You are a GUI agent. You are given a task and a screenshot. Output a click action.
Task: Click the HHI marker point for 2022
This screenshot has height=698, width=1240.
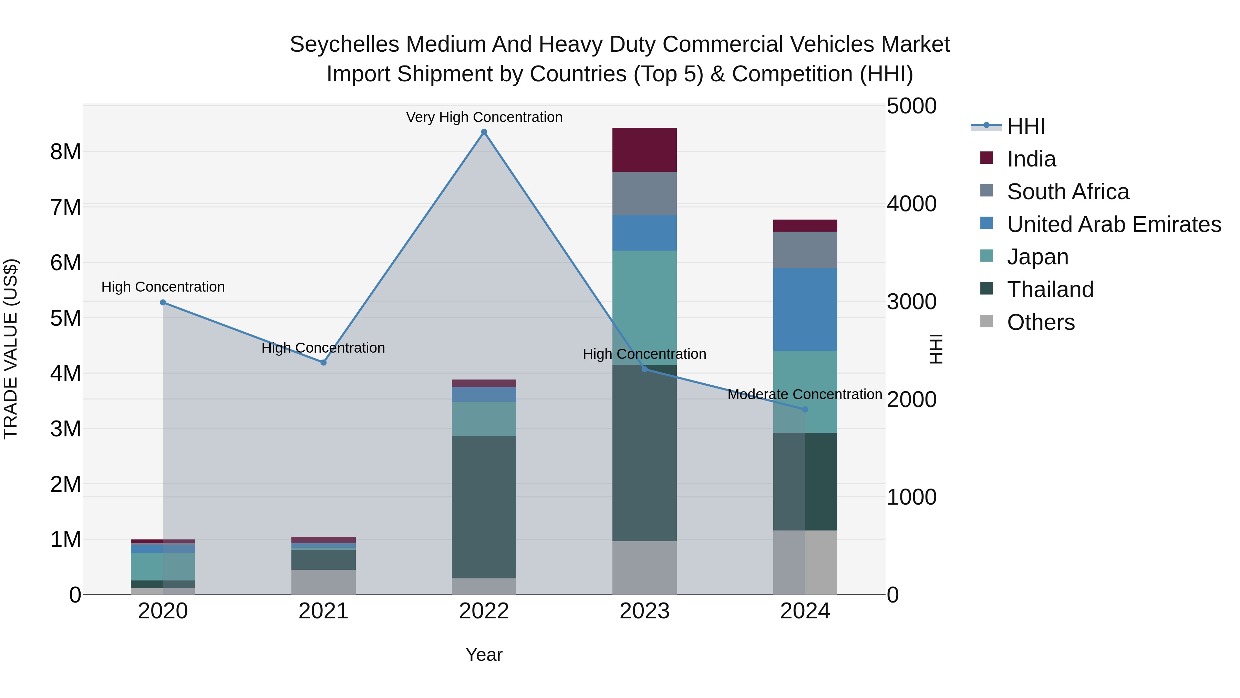click(484, 132)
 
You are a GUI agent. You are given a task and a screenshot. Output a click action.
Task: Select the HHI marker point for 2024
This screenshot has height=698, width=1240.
click(805, 409)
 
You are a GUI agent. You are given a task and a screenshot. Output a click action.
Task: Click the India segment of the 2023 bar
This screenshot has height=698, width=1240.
click(644, 150)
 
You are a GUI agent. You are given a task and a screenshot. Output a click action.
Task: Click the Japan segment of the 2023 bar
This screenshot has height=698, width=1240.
click(644, 307)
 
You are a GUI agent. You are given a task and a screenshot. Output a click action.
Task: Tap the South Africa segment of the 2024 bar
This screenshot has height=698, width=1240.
click(805, 250)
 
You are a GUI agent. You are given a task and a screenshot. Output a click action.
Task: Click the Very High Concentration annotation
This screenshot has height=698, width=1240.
click(484, 117)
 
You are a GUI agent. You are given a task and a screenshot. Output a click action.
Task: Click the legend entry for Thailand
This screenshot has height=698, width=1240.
click(1050, 290)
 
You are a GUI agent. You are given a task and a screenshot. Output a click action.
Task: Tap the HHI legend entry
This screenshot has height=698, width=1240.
click(1025, 126)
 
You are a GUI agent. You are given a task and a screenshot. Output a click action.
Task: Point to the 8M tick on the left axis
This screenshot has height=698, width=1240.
click(65, 152)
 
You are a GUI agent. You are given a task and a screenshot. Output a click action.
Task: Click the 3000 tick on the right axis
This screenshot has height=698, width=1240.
click(911, 302)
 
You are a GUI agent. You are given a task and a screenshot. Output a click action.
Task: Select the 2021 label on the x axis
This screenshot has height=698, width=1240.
click(323, 611)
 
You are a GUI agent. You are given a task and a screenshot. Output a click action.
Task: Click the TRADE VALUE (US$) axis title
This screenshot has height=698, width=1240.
click(11, 349)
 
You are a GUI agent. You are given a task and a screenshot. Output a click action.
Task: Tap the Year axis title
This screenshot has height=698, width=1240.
click(484, 655)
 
